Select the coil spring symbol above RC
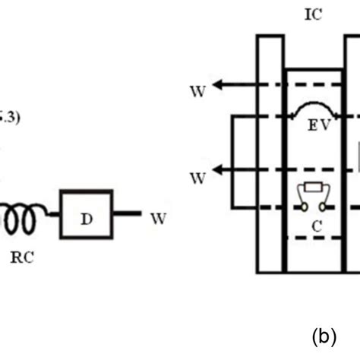(x=19, y=219)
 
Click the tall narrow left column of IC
(x=270, y=152)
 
